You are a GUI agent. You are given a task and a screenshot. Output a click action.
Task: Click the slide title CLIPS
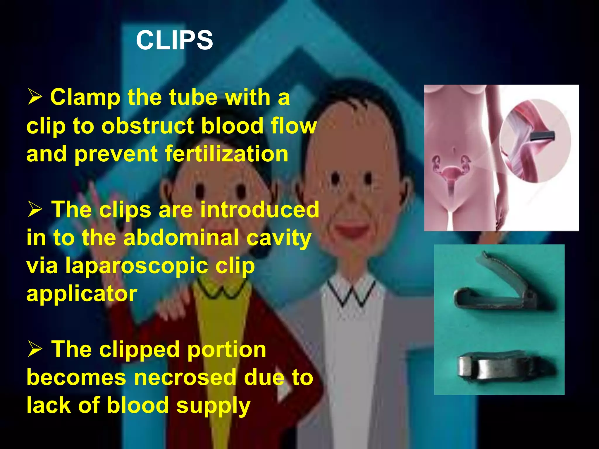tap(174, 40)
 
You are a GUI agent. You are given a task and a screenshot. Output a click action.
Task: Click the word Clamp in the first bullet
tap(85, 98)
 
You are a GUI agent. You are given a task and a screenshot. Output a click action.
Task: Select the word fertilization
tap(227, 154)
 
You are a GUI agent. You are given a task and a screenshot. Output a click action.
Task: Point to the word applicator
tap(82, 293)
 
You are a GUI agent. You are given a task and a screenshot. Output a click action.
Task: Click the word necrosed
tap(185, 378)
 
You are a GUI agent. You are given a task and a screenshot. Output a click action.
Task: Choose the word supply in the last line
tap(213, 406)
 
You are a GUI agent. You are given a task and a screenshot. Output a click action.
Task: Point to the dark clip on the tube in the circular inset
tap(542, 136)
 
